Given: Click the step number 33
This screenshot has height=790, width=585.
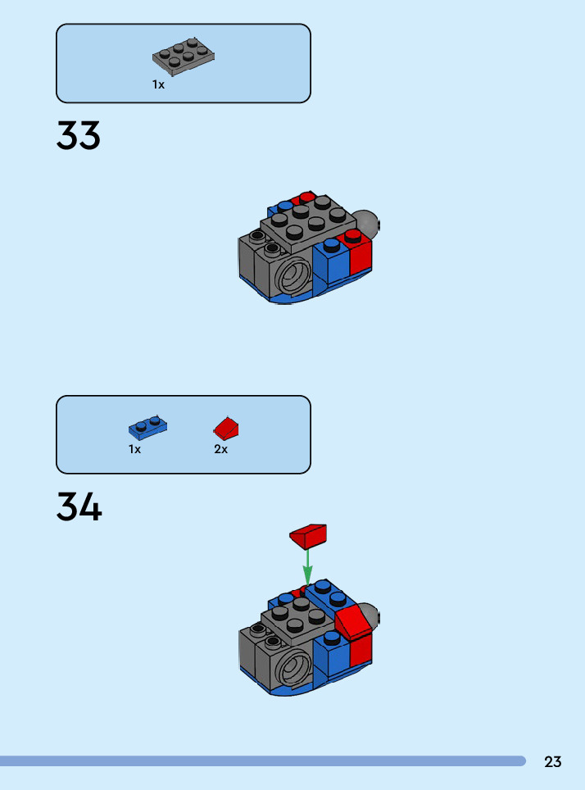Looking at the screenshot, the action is pyautogui.click(x=79, y=136).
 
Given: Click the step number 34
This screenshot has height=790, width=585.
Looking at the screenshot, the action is pyautogui.click(x=79, y=507).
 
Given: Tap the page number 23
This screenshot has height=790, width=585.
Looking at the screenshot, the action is pyautogui.click(x=553, y=761).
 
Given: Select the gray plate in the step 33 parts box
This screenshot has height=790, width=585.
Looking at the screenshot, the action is pyautogui.click(x=184, y=55).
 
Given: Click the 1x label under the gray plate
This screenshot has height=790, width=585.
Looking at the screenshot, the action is pyautogui.click(x=158, y=84).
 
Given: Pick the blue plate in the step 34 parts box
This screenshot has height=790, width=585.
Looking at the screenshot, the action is pyautogui.click(x=147, y=426).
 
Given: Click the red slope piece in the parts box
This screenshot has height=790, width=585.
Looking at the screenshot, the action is pyautogui.click(x=227, y=428).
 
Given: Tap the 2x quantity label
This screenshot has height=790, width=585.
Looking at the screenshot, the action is pyautogui.click(x=220, y=449).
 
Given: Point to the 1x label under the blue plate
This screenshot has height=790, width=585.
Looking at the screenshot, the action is pyautogui.click(x=135, y=449).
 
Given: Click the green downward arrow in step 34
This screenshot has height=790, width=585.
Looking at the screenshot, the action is pyautogui.click(x=308, y=565).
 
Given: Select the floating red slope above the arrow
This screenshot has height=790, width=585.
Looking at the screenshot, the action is pyautogui.click(x=308, y=536).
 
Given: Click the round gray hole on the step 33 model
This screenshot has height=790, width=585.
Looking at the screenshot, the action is pyautogui.click(x=291, y=275).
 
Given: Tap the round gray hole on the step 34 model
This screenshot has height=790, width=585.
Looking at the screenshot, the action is pyautogui.click(x=291, y=668).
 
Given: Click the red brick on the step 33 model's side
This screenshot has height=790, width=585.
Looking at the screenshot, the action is pyautogui.click(x=361, y=257).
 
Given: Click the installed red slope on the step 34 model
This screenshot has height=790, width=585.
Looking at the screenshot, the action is pyautogui.click(x=352, y=620).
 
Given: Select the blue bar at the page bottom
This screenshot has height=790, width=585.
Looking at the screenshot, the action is pyautogui.click(x=262, y=761).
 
